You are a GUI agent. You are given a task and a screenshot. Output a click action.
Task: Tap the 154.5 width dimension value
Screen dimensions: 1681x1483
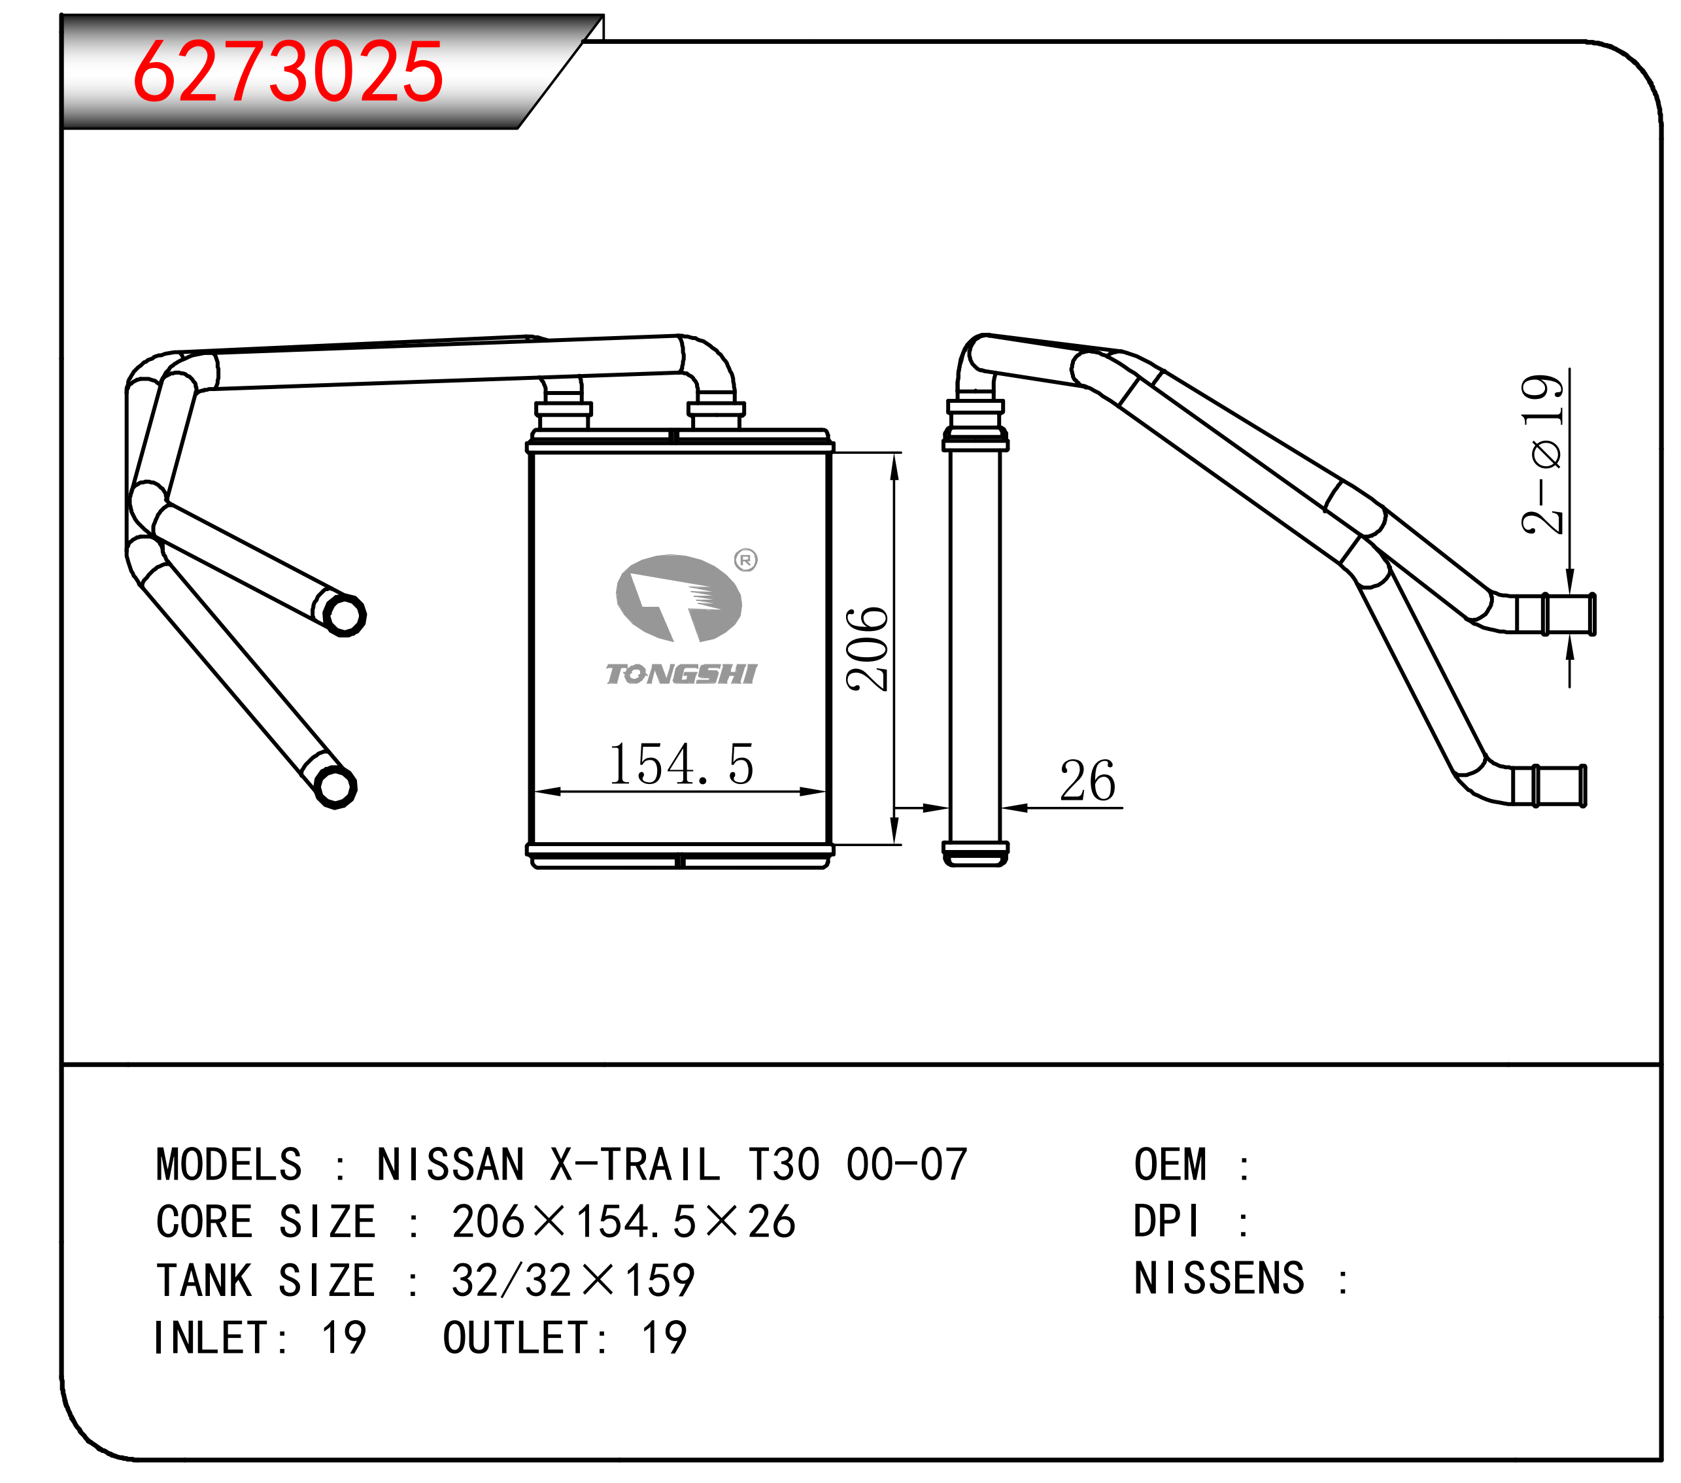click(x=680, y=764)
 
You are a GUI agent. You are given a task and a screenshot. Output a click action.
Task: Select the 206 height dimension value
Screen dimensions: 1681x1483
click(x=867, y=649)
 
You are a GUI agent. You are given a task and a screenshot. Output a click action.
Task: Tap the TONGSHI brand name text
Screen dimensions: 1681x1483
click(x=681, y=674)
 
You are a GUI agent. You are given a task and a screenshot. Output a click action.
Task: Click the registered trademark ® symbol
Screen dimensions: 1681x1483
click(x=745, y=560)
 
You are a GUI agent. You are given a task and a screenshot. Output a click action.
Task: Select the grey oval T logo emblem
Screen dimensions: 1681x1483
click(x=679, y=598)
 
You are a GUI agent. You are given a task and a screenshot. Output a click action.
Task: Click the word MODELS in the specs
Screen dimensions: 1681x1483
click(x=229, y=1165)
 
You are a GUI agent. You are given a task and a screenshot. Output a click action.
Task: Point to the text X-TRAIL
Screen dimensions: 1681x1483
click(x=636, y=1165)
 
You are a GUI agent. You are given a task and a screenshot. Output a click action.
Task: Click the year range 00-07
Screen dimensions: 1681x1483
click(x=906, y=1165)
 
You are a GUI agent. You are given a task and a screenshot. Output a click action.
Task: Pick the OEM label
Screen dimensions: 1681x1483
click(x=1170, y=1165)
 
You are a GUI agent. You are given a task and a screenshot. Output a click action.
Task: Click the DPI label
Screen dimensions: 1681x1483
click(x=1166, y=1221)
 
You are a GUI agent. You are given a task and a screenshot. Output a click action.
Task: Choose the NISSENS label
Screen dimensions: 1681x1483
click(x=1219, y=1279)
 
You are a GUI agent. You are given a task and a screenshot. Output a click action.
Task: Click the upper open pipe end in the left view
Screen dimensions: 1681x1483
click(x=345, y=615)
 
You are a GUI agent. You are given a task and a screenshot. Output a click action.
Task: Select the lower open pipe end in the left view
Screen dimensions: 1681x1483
click(x=335, y=787)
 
